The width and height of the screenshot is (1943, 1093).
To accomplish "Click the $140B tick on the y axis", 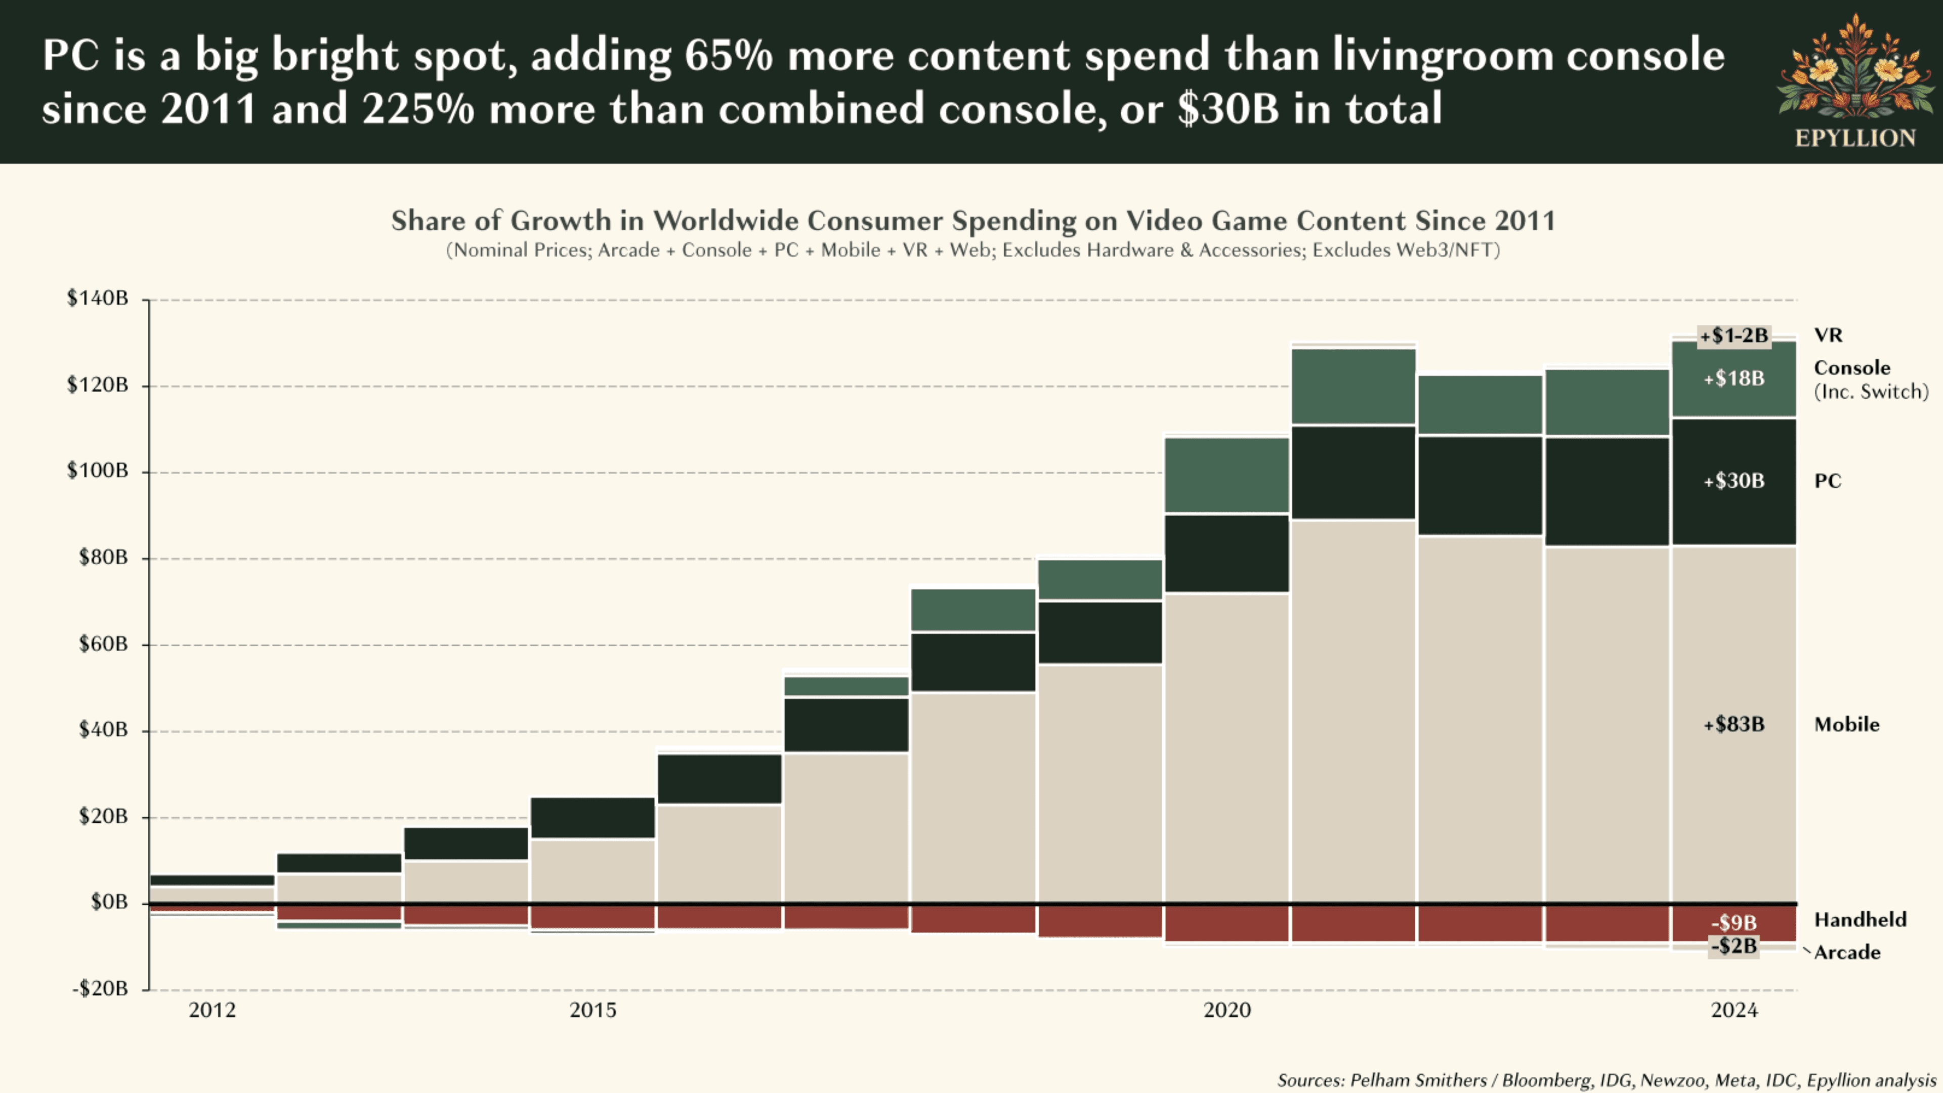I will pyautogui.click(x=97, y=298).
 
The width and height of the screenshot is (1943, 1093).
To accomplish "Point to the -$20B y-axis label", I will pyautogui.click(x=100, y=988).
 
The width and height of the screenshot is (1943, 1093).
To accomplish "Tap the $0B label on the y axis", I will pyautogui.click(x=109, y=902).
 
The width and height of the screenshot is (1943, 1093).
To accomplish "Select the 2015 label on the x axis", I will pyautogui.click(x=593, y=1010).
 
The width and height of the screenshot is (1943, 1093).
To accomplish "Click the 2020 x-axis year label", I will pyautogui.click(x=1227, y=1010).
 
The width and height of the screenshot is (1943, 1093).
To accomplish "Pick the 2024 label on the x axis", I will pyautogui.click(x=1734, y=1010).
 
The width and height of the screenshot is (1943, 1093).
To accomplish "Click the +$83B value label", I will pyautogui.click(x=1734, y=724).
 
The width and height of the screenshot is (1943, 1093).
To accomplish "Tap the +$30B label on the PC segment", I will pyautogui.click(x=1734, y=481).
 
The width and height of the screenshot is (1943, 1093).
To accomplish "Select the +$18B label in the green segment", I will pyautogui.click(x=1734, y=378).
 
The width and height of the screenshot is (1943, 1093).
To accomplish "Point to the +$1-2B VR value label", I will pyautogui.click(x=1734, y=335).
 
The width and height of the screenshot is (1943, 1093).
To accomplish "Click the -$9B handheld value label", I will pyautogui.click(x=1734, y=922).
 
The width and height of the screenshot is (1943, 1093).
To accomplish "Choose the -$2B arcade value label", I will pyautogui.click(x=1734, y=946).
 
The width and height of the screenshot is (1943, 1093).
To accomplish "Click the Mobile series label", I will pyautogui.click(x=1846, y=724).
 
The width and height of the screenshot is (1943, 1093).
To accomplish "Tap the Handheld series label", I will pyautogui.click(x=1860, y=919).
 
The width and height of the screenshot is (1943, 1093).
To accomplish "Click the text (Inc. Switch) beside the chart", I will pyautogui.click(x=1871, y=392).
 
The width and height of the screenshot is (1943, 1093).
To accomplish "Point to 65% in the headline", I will pyautogui.click(x=729, y=56).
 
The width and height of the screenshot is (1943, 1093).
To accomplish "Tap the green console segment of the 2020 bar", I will pyautogui.click(x=1227, y=475).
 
